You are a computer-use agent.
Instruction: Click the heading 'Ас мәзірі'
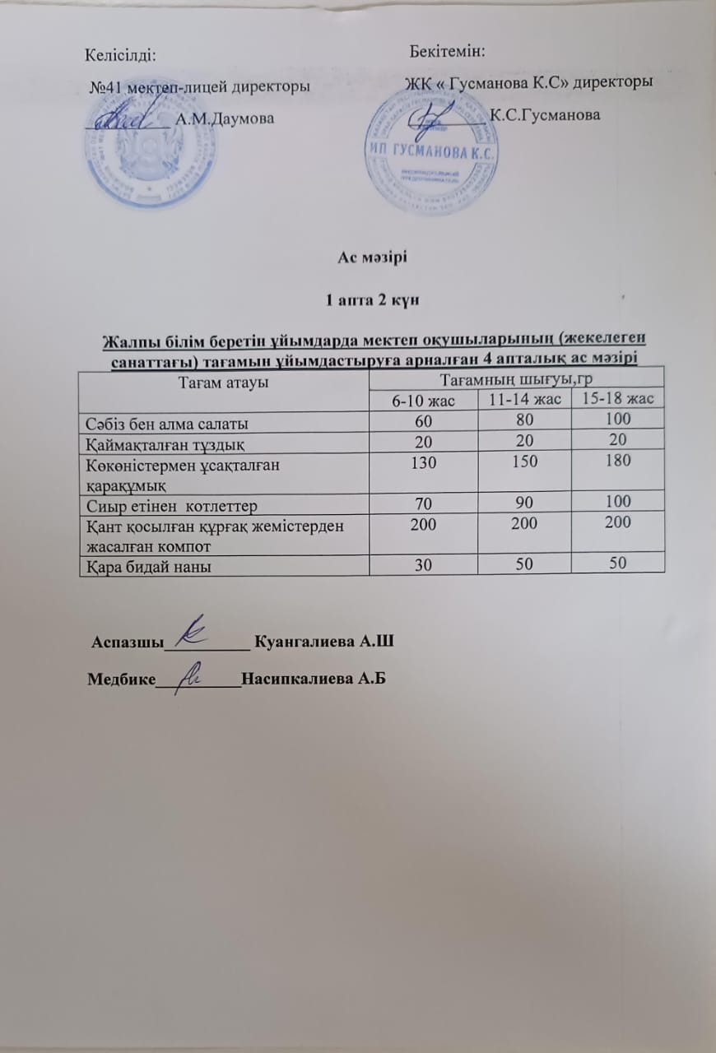click(x=373, y=257)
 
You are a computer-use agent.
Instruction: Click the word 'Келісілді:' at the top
click(x=121, y=55)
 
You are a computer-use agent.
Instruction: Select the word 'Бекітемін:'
click(x=447, y=52)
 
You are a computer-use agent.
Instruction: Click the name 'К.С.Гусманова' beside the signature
click(x=545, y=114)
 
